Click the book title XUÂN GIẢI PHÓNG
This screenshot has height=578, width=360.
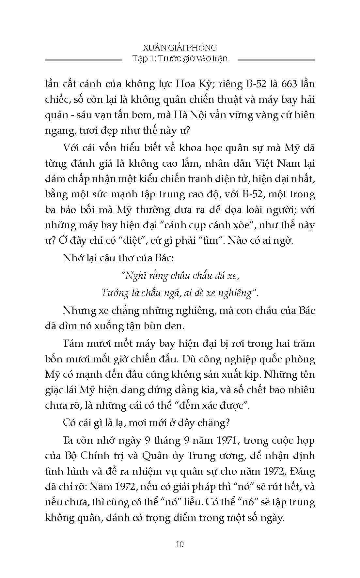point(180,48)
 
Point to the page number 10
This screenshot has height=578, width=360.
point(180,544)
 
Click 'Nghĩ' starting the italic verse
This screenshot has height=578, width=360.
point(131,276)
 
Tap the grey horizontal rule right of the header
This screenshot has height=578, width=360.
point(276,60)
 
